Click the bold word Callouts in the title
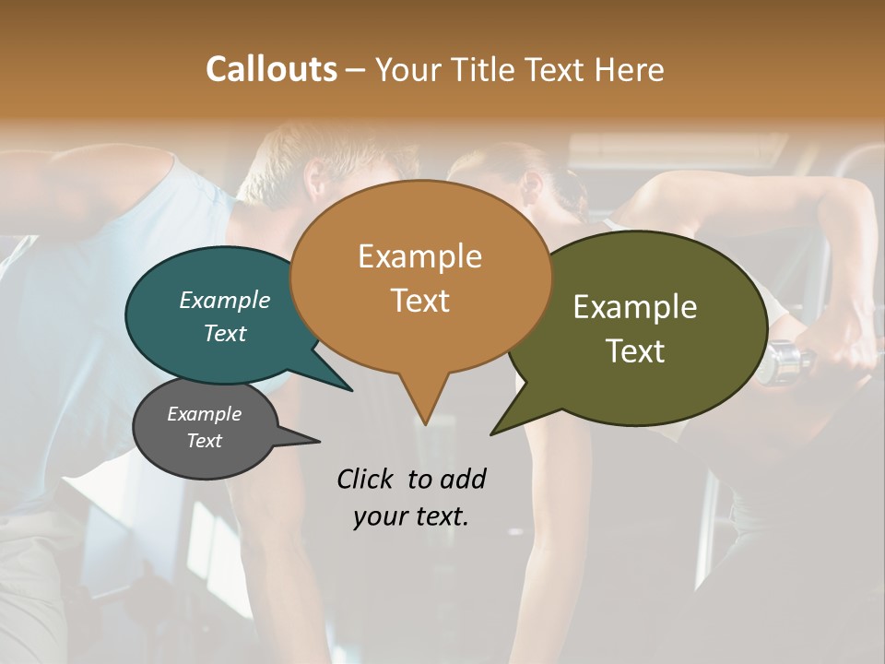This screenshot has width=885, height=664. coord(271,69)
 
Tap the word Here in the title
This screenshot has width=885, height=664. coord(630,70)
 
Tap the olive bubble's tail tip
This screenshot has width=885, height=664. coord(493,433)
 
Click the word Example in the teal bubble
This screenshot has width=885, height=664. coord(224,300)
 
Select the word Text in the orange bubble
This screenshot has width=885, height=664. coord(420,301)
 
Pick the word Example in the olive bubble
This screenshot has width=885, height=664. coord(635,307)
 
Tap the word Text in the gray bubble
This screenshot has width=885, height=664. coord(204,441)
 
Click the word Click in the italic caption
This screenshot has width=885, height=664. coord(366,479)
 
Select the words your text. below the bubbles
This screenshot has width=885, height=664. coord(411,516)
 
